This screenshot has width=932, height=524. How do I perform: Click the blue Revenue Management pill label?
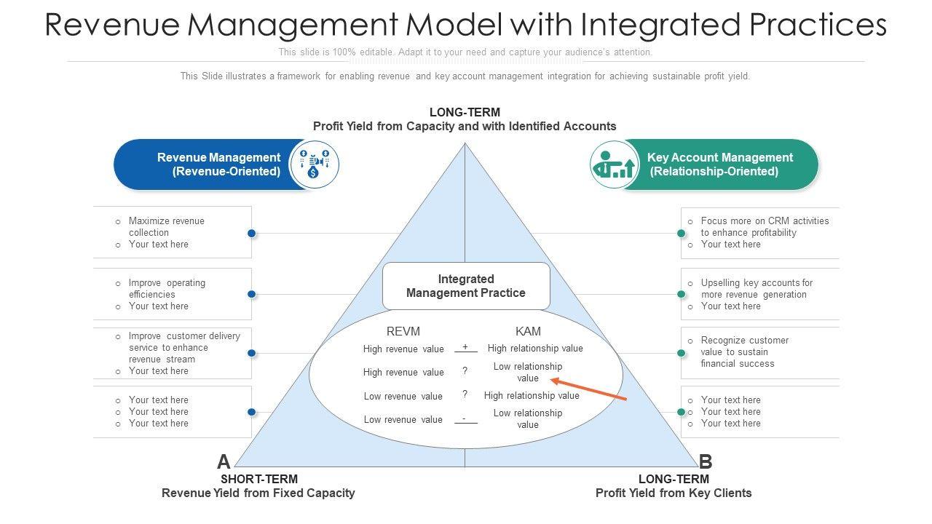point(218,164)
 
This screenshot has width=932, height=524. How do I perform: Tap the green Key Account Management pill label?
point(719,164)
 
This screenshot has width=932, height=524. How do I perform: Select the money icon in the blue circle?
point(315,164)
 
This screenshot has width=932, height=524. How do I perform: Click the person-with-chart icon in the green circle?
point(614,164)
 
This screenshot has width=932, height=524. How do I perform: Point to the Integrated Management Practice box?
point(466,286)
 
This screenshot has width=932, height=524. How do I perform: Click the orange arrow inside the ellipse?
point(588,389)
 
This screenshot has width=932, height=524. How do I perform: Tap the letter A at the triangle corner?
point(224,461)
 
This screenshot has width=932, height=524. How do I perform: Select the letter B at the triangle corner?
point(705,461)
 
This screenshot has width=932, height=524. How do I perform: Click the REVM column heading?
point(403,331)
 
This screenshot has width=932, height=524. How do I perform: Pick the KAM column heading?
point(528,331)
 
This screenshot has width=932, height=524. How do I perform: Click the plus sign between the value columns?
point(465,347)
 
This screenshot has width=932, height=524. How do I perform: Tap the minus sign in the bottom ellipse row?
point(465,418)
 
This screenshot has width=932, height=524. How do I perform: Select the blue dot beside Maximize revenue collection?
point(251,233)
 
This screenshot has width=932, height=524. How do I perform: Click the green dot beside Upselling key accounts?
point(682,294)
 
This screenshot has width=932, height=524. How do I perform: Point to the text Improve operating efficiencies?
point(167,288)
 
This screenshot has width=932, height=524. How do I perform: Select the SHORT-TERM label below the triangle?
point(258,479)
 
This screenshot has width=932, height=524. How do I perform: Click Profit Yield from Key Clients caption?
point(674,493)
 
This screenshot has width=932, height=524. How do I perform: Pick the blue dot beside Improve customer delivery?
point(251,353)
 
